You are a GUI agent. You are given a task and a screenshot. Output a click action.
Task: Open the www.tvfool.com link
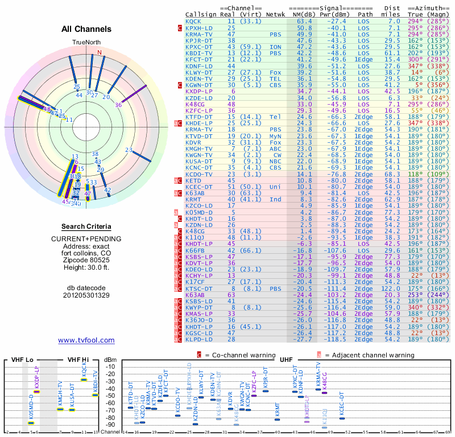(86, 340)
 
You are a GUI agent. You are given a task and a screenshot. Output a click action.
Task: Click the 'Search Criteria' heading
(86, 226)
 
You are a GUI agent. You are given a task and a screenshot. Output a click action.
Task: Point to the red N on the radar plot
(100, 53)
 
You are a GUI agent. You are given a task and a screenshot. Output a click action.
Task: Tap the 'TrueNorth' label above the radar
(86, 43)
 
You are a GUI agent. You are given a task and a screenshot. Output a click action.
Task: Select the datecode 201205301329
(86, 295)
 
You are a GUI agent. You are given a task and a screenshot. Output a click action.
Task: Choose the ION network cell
(275, 47)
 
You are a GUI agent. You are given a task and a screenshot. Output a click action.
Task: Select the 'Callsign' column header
(201, 14)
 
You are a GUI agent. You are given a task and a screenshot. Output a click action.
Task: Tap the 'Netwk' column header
(276, 14)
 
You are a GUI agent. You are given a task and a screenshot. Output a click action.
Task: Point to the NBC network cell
(275, 161)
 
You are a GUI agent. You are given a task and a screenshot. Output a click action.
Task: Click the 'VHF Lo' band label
(22, 360)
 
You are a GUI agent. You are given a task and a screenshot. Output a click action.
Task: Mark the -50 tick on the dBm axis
(109, 396)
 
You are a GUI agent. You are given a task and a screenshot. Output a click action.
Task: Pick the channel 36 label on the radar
(118, 105)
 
